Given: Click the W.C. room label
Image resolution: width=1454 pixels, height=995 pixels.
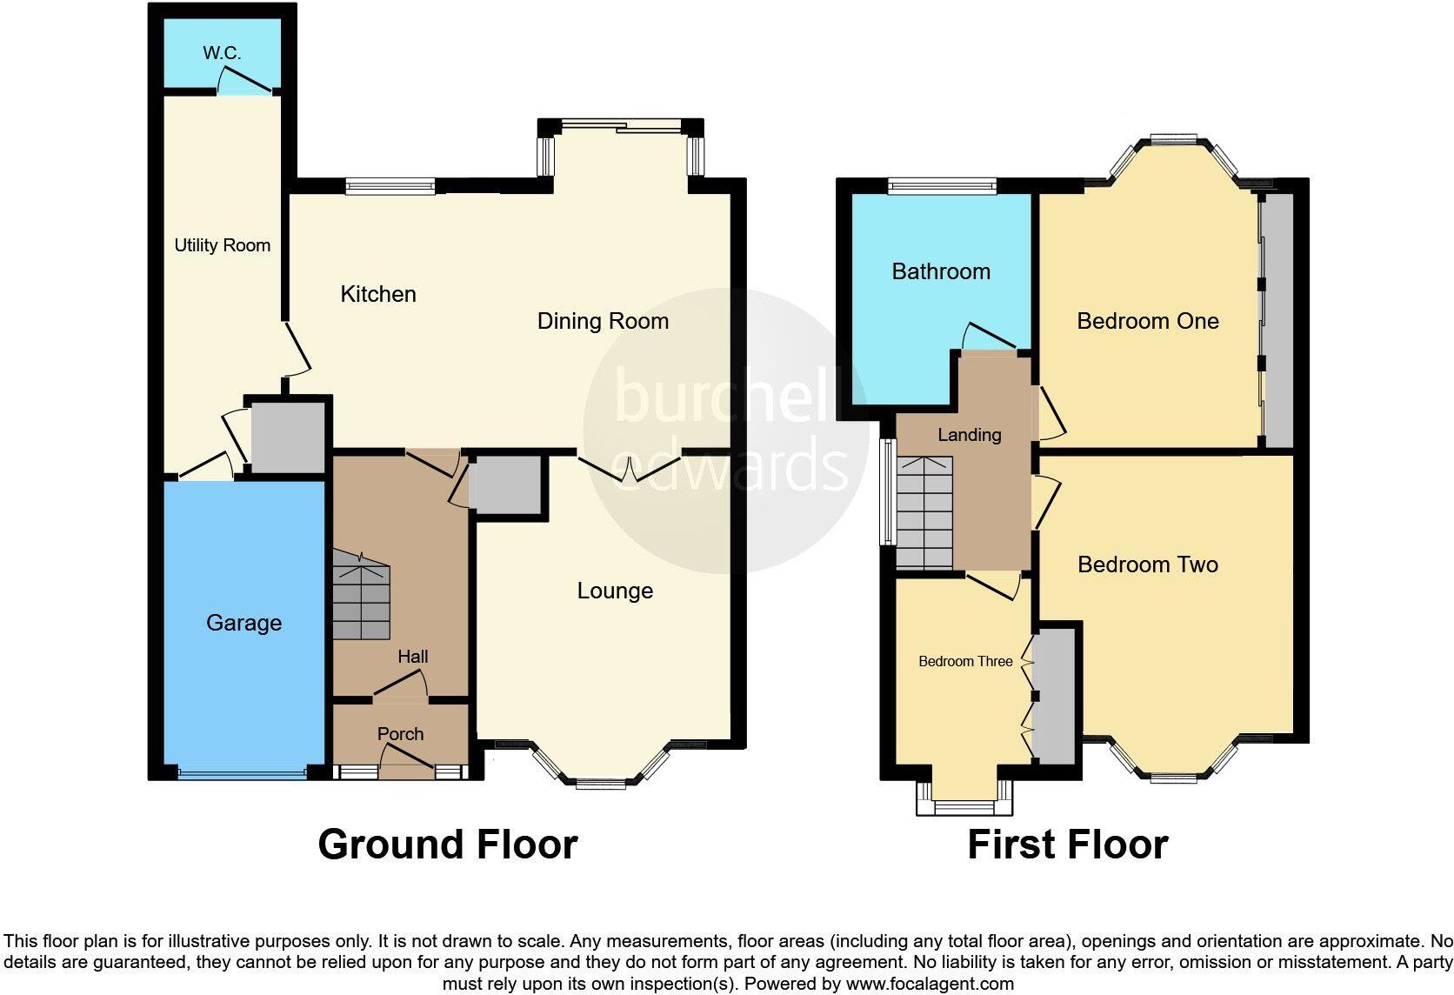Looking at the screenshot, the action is point(222,52).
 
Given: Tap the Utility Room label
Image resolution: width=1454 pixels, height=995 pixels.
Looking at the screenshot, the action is point(222,245).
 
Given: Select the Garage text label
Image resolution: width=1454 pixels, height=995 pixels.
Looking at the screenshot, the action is point(244,623).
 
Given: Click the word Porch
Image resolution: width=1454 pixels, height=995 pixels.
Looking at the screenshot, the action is point(401,733).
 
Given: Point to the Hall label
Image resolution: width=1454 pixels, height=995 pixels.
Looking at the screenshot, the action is point(413,656).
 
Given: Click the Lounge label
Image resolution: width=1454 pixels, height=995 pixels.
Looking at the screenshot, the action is point(615,591).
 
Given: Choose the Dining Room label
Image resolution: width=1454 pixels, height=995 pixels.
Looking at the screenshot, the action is point(603,321).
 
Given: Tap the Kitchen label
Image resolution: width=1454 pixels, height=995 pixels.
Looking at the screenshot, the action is point(378,294).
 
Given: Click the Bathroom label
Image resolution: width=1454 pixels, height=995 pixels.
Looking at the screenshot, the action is point(941,271).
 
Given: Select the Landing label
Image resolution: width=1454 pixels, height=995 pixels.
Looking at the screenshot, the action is point(970,435).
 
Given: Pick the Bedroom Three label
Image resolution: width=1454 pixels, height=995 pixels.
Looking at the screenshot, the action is point(965,661).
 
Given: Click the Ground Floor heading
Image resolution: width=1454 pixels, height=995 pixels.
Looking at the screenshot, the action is point(448,845).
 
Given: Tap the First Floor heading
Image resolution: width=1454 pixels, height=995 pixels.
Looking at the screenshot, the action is point(1068,845).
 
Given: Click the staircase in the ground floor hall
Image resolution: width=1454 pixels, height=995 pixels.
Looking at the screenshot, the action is point(362,595).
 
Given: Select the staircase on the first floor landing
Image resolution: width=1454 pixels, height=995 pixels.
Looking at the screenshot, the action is point(924,512).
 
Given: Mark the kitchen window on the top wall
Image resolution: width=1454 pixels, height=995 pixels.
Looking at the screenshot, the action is point(390,186).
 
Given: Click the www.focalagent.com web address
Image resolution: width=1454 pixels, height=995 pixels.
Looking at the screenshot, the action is point(930,984).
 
